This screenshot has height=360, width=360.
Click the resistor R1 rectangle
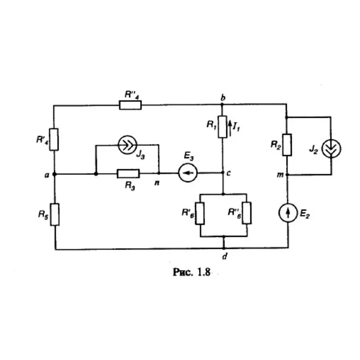(222, 127)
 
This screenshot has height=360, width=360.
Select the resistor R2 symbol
(287, 145)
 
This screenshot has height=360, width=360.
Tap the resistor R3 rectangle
(128, 174)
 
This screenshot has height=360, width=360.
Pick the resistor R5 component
(55, 214)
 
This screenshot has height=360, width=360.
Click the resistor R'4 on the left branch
(54, 139)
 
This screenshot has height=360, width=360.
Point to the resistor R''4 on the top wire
(130, 105)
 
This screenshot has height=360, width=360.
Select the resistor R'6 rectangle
(200, 213)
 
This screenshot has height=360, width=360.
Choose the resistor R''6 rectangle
(247, 213)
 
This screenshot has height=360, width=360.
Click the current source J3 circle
(128, 145)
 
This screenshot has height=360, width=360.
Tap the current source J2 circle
(331, 148)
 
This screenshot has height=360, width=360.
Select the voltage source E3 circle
(188, 173)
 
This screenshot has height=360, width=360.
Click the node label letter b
(223, 97)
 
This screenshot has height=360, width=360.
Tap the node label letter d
(225, 256)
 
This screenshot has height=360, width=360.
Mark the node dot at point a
(55, 174)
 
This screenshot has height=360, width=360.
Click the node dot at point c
(223, 173)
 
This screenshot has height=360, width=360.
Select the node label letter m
(280, 175)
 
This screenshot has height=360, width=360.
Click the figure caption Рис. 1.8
(191, 272)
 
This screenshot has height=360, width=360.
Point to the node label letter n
(157, 183)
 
